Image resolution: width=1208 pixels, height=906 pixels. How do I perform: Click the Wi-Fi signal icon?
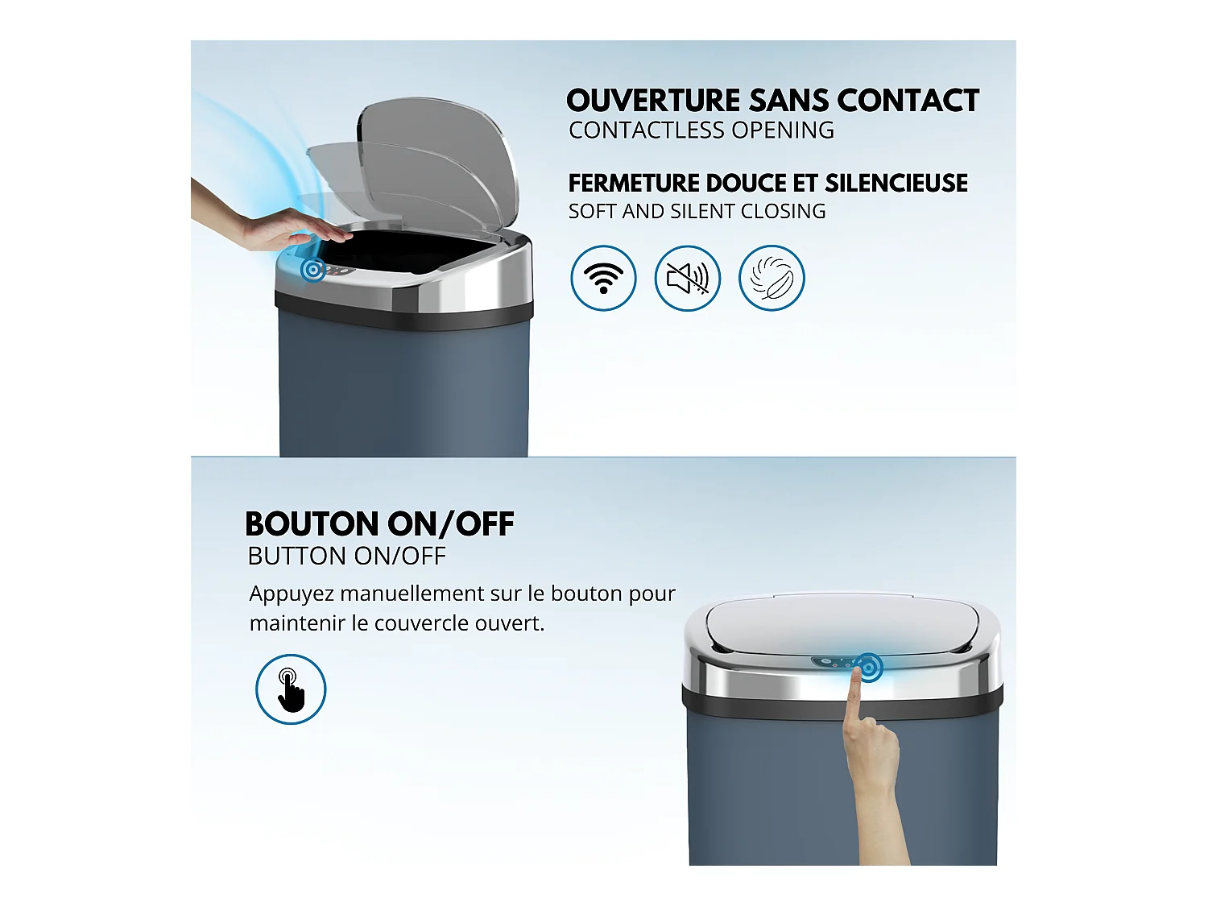pyautogui.click(x=603, y=278)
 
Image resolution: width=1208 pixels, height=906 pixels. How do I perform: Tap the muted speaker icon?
pyautogui.click(x=688, y=278)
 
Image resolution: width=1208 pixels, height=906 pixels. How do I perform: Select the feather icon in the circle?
pyautogui.click(x=772, y=278)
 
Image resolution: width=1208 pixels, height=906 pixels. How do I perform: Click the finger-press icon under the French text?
pyautogui.click(x=291, y=689)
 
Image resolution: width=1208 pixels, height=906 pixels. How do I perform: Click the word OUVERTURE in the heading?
pyautogui.click(x=654, y=101)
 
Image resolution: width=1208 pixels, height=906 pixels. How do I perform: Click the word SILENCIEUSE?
pyautogui.click(x=896, y=183)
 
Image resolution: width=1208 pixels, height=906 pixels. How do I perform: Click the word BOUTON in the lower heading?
pyautogui.click(x=312, y=523)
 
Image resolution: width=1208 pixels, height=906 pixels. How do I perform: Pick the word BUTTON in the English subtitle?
pyautogui.click(x=297, y=556)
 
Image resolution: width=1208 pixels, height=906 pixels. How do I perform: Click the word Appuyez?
pyautogui.click(x=292, y=594)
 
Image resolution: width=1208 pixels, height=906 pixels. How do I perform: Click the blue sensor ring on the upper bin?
pyautogui.click(x=313, y=270)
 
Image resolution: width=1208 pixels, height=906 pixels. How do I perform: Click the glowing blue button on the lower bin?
pyautogui.click(x=868, y=668)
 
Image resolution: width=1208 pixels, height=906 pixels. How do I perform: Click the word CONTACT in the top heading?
pyautogui.click(x=908, y=101)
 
